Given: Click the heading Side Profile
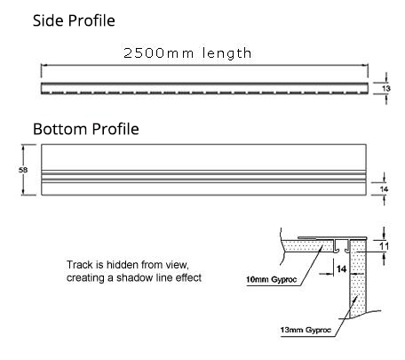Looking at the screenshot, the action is (74, 20).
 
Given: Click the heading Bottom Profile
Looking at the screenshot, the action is (86, 129).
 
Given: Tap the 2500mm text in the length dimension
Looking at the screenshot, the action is (158, 53).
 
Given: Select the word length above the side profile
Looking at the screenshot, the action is (226, 53).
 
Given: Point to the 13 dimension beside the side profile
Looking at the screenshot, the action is (386, 88).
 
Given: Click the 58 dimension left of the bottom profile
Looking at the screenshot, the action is (23, 170).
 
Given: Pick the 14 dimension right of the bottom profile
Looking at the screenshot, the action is (384, 189).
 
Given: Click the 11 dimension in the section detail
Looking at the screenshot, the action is (385, 246).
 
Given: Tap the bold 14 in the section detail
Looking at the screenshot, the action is (341, 268).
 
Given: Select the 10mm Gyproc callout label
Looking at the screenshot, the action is (271, 279).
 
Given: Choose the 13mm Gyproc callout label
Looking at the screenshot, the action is (306, 330).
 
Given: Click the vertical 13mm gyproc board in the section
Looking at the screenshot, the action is (358, 278).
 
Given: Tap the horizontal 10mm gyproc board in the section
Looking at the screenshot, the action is (308, 246).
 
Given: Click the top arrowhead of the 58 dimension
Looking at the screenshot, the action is (23, 147).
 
